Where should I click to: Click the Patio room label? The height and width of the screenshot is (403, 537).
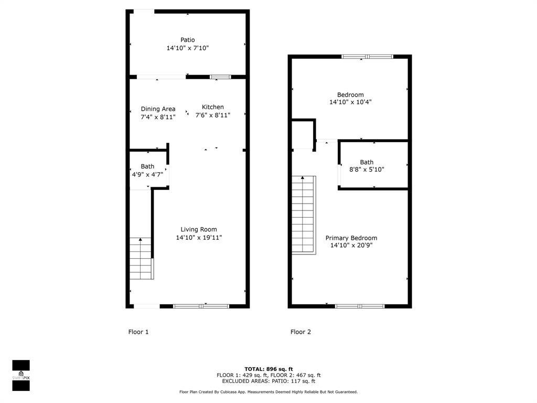pyautogui.click(x=188, y=40)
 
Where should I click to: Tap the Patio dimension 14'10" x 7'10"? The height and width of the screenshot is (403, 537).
pyautogui.click(x=188, y=48)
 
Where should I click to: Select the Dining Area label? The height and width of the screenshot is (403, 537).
pyautogui.click(x=158, y=109)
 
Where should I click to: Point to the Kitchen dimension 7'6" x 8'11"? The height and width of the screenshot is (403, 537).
pyautogui.click(x=213, y=115)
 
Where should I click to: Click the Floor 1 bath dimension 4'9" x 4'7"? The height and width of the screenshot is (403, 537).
pyautogui.click(x=147, y=174)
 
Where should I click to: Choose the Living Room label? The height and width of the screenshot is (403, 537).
pyautogui.click(x=199, y=229)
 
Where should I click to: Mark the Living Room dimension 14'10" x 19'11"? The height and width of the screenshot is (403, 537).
pyautogui.click(x=199, y=238)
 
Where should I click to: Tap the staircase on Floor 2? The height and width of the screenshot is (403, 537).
pyautogui.click(x=304, y=215)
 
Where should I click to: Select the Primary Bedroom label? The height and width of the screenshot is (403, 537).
pyautogui.click(x=351, y=238)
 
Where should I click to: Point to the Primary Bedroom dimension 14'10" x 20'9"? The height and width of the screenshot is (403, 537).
pyautogui.click(x=351, y=246)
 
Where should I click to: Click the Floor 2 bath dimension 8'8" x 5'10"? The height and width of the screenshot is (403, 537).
pyautogui.click(x=367, y=170)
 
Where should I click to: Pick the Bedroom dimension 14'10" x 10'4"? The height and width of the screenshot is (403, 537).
pyautogui.click(x=350, y=102)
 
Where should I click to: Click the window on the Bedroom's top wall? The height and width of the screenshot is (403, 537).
pyautogui.click(x=367, y=57)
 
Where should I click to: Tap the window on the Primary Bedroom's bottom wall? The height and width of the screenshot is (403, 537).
pyautogui.click(x=360, y=306)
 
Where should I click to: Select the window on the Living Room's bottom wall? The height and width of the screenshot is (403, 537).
pyautogui.click(x=201, y=306)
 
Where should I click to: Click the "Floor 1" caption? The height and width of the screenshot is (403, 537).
pyautogui.click(x=138, y=332)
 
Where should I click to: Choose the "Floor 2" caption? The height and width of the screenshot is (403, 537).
pyautogui.click(x=301, y=332)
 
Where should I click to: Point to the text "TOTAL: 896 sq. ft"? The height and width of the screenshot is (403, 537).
pyautogui.click(x=268, y=369)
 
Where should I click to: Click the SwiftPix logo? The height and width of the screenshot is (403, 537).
pyautogui.click(x=21, y=375)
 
